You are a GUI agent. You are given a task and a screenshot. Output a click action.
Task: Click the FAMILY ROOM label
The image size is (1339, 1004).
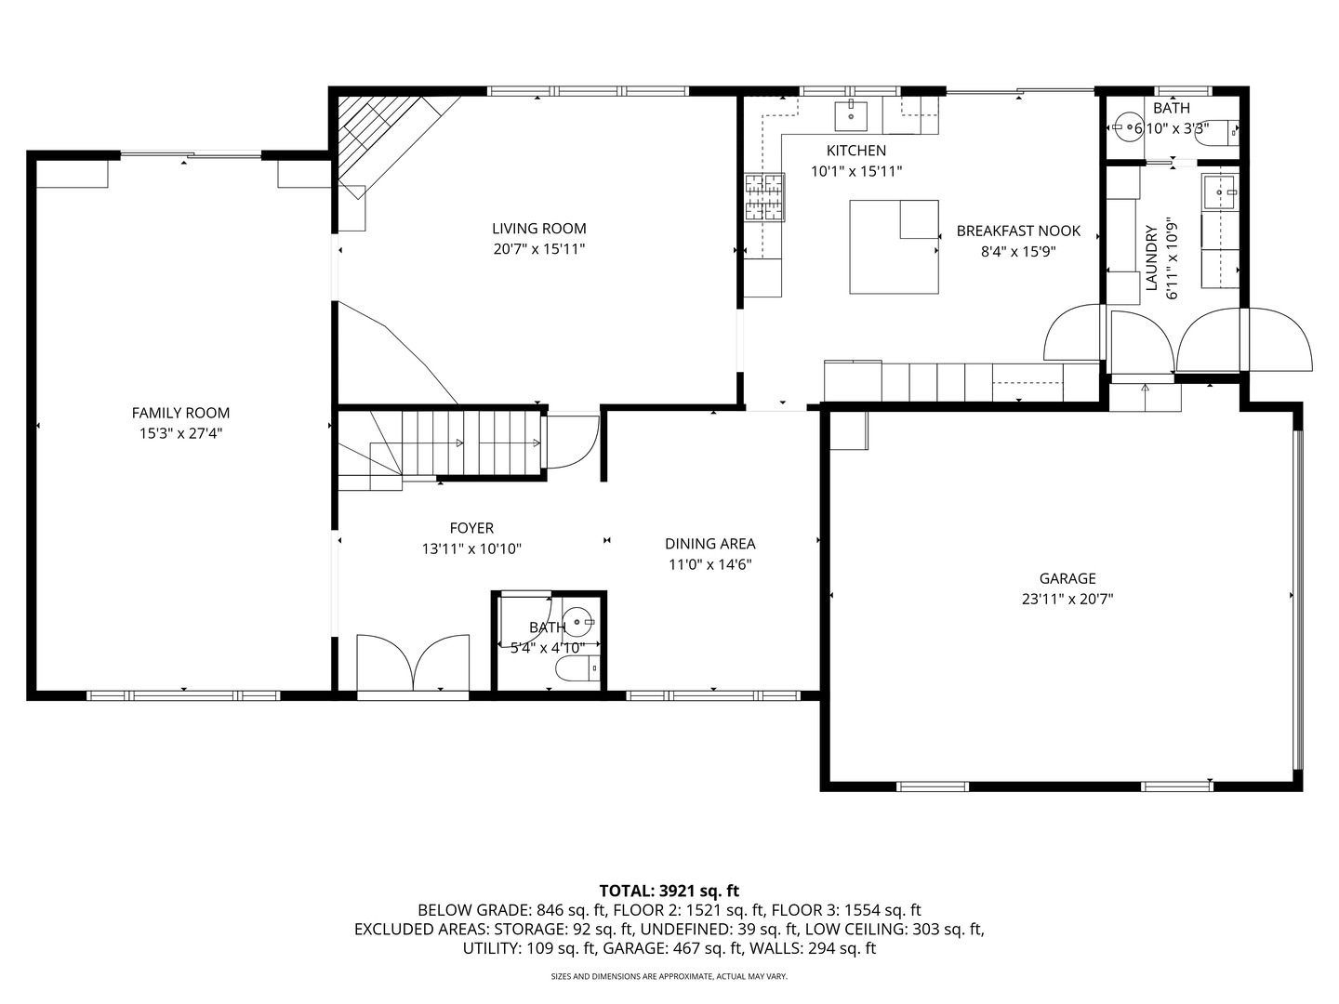pyautogui.click(x=180, y=413)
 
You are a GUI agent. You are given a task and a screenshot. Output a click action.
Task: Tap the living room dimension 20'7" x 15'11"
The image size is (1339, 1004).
pyautogui.click(x=538, y=249)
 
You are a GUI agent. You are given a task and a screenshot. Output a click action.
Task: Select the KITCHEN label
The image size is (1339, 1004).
pyautogui.click(x=855, y=151)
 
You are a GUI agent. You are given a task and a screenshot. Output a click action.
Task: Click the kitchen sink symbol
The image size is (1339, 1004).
pyautogui.click(x=851, y=116)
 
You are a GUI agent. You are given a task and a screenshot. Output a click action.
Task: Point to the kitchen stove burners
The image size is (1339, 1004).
pyautogui.click(x=763, y=198)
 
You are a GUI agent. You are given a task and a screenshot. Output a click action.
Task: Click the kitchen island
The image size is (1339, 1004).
pyautogui.click(x=893, y=246)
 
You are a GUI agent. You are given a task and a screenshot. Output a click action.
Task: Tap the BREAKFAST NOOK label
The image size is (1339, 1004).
pyautogui.click(x=1018, y=231)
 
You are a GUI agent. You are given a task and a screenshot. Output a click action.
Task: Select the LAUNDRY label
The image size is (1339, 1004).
pyautogui.click(x=1151, y=258)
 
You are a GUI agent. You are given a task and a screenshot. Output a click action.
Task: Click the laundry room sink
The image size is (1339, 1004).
pyautogui.click(x=1219, y=192)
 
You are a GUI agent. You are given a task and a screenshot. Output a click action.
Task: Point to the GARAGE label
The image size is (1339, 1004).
pyautogui.click(x=1067, y=578)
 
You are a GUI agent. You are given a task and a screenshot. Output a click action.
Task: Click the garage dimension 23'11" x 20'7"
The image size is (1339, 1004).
pyautogui.click(x=1067, y=600)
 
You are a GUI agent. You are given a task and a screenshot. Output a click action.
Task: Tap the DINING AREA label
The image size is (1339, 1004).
pyautogui.click(x=709, y=544)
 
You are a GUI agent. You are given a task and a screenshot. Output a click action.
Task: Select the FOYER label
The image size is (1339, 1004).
pyautogui.click(x=471, y=528)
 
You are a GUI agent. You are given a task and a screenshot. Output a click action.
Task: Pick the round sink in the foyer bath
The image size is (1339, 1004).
pyautogui.click(x=578, y=618)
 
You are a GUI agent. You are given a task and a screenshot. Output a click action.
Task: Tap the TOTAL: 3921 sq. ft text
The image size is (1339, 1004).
pyautogui.click(x=669, y=891)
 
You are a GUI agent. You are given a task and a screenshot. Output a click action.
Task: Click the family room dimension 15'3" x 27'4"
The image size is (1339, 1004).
pyautogui.click(x=180, y=433)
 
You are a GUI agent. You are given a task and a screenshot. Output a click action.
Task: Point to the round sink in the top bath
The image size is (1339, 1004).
pyautogui.click(x=1128, y=128)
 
